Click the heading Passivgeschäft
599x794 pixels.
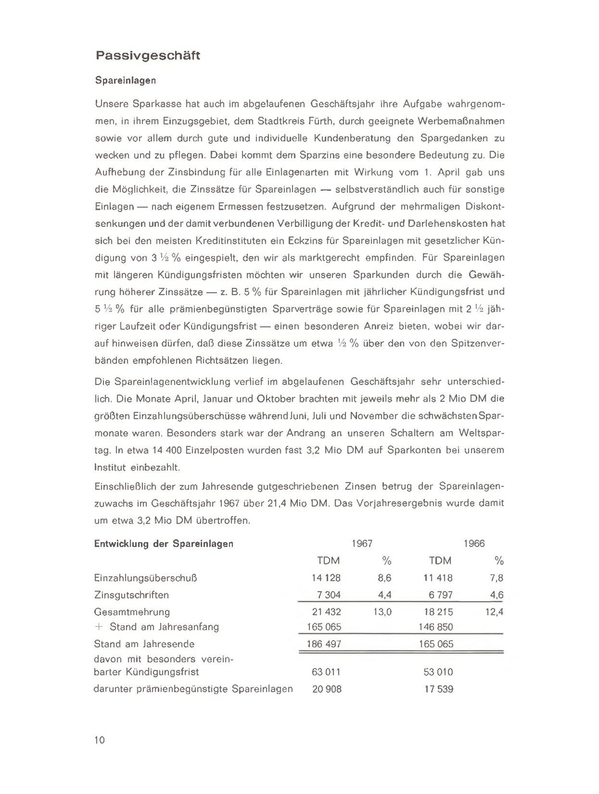tap(147, 56)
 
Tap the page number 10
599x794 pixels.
tap(99, 740)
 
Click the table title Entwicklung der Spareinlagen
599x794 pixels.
tap(164, 544)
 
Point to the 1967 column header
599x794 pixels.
tap(362, 544)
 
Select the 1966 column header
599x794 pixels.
tap(474, 544)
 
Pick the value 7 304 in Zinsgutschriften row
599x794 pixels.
tap(329, 595)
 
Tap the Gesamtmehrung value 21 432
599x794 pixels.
tap(327, 612)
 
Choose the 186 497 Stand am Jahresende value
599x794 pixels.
tap(324, 644)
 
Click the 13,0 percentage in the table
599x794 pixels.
tap(382, 612)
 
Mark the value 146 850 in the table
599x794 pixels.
tap(436, 627)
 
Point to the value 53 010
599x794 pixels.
tap(438, 672)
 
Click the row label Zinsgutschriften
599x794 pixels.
tap(132, 595)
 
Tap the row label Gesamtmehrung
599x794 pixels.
tap(132, 612)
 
